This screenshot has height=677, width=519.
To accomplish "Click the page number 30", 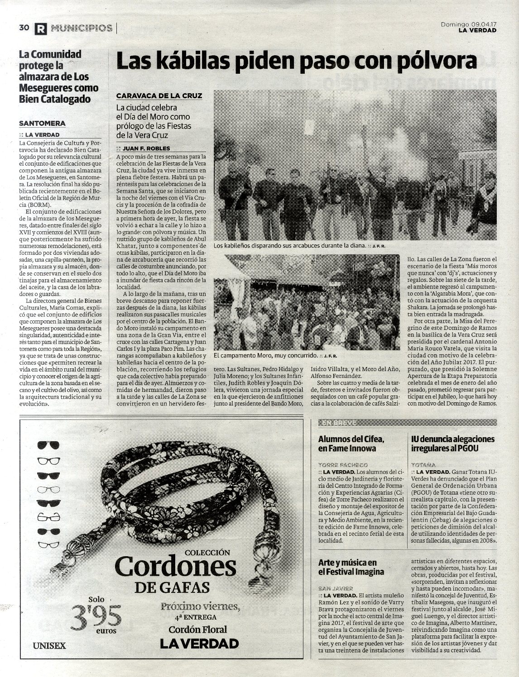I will [x=24, y=28].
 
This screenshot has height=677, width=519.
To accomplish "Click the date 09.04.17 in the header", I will [x=481, y=24].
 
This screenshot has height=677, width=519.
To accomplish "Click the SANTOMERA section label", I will [x=42, y=123].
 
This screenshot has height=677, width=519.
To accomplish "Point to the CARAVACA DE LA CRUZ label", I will [x=159, y=96].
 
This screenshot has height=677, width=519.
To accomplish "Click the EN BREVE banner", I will [x=339, y=423].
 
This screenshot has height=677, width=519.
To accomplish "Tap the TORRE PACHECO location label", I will [x=343, y=465].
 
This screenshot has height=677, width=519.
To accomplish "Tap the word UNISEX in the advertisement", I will [x=49, y=645].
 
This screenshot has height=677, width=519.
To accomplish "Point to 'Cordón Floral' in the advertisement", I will [x=197, y=629].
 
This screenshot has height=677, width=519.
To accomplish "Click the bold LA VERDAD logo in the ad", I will [x=199, y=643].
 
